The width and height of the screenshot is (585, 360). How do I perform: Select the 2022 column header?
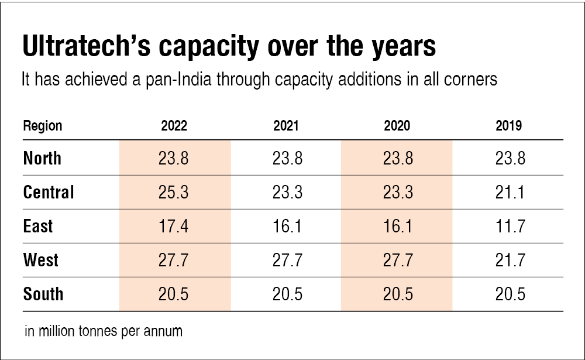click(x=174, y=126)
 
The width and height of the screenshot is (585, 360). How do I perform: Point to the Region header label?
click(x=43, y=126)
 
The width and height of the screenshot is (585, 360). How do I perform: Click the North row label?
click(x=42, y=158)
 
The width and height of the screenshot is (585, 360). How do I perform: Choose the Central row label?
click(x=49, y=192)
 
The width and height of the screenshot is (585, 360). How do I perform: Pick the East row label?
click(x=38, y=226)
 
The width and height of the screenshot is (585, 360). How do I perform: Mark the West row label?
click(x=41, y=260)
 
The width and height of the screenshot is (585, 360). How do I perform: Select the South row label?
click(x=43, y=294)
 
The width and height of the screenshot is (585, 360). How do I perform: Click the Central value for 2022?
click(x=174, y=192)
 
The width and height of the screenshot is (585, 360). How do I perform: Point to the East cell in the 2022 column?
click(x=174, y=226)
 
